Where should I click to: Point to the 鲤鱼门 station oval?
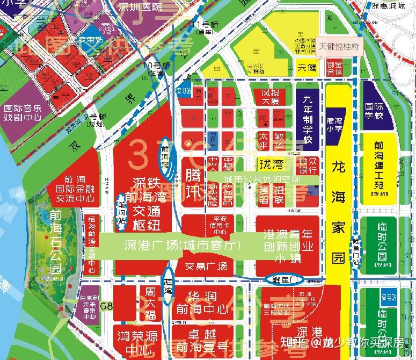[x=285, y=279]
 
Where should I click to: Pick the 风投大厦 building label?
[x=271, y=98]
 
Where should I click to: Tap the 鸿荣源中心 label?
[x=137, y=342]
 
